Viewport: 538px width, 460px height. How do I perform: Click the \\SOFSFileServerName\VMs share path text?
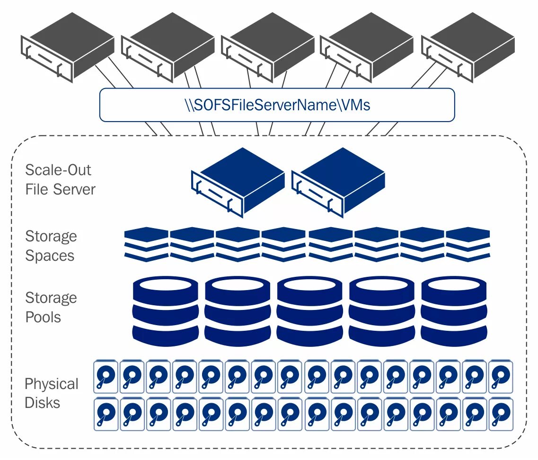tap(277, 105)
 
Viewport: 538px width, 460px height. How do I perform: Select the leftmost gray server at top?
tap(68, 47)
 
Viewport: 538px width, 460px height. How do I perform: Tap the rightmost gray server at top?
tap(468, 47)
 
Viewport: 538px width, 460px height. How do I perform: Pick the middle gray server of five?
tap(268, 47)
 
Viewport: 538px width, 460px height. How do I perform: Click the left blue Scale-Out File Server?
tap(238, 183)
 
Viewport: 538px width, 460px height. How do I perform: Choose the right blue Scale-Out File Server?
tap(338, 183)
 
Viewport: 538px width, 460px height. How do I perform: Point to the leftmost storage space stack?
tap(147, 244)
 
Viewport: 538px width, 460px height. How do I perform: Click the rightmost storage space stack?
tap(467, 244)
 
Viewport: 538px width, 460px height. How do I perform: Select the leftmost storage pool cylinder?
tap(166, 311)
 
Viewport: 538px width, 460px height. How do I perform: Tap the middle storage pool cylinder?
tap(310, 311)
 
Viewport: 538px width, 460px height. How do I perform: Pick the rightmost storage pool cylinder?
tap(454, 311)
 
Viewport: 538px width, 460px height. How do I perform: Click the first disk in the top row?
tap(106, 376)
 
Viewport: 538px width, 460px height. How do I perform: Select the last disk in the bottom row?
tap(501, 414)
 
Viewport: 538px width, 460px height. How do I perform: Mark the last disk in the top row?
tap(501, 376)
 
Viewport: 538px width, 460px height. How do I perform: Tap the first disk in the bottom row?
tap(106, 414)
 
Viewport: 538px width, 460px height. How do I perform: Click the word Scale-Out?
tap(58, 170)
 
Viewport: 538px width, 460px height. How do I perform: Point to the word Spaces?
tap(50, 256)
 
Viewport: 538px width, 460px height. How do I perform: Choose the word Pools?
tap(43, 317)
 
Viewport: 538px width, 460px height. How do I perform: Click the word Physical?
tap(52, 384)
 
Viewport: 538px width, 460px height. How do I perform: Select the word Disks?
tap(43, 403)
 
